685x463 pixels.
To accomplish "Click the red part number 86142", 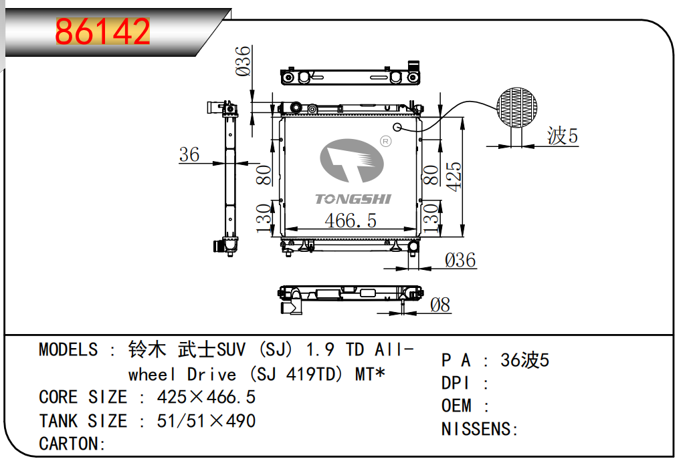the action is (102, 31).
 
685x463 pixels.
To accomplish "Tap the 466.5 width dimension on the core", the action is (351, 220).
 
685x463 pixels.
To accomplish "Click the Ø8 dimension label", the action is (440, 305).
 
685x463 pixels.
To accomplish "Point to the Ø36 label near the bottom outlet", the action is (460, 260).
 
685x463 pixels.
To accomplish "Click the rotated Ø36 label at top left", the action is (243, 61).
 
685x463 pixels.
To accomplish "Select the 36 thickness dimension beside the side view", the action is (189, 154).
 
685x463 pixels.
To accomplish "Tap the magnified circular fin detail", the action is (517, 108).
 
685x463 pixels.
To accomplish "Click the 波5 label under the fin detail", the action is (563, 136).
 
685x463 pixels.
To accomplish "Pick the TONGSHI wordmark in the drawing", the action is (353, 199).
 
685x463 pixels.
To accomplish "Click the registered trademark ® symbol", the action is (386, 142).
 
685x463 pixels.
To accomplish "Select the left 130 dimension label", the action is (264, 218).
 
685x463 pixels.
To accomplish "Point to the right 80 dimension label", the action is (431, 175).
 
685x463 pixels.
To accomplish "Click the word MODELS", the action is (68, 349).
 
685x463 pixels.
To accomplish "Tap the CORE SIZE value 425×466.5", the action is (206, 397).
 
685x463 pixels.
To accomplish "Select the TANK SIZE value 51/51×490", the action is (206, 421).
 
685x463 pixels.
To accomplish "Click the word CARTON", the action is (69, 444).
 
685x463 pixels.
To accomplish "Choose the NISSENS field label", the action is (476, 429).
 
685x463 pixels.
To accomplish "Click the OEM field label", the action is (456, 406).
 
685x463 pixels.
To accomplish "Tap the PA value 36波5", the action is (524, 361).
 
